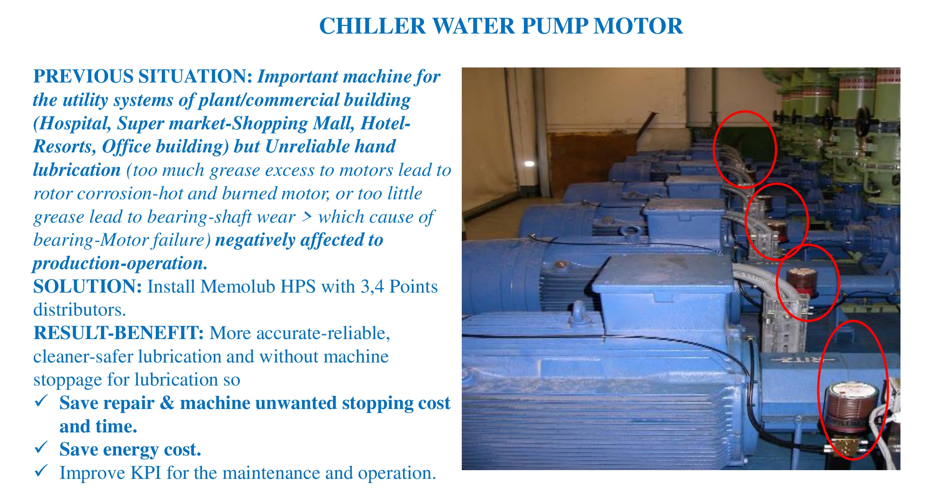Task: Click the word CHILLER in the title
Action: click(372, 26)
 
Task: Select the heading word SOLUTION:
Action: click(87, 287)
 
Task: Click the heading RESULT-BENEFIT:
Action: click(118, 333)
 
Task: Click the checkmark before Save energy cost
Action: click(41, 447)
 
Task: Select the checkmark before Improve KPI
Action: click(41, 470)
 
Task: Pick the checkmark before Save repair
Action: click(41, 401)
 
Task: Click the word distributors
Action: click(79, 310)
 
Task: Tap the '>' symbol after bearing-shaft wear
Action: click(307, 217)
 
